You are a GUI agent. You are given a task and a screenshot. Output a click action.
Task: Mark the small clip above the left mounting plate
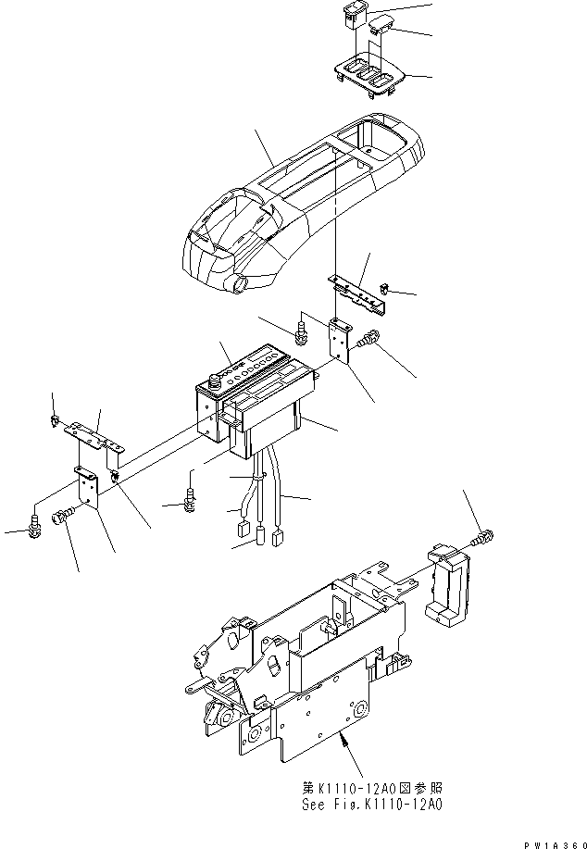56,423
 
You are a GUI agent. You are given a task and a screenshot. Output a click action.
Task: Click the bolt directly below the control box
190,500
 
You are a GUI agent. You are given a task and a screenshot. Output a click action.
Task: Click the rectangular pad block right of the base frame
449,584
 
